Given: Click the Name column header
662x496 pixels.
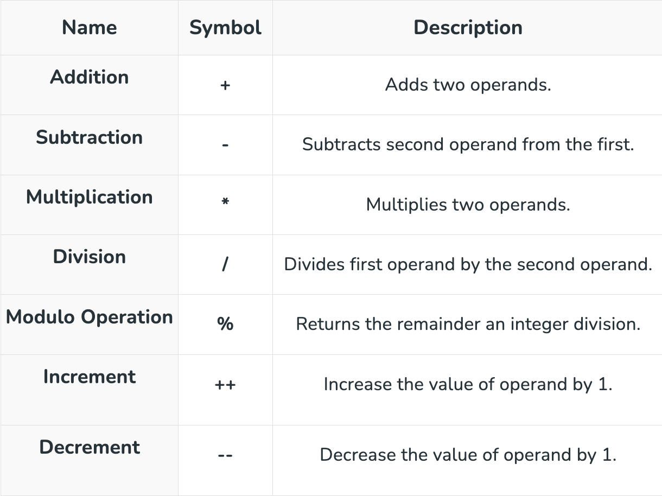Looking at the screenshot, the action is coord(90,28).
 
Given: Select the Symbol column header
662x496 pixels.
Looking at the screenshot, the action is coord(225,28).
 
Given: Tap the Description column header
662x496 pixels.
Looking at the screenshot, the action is coord(468,28).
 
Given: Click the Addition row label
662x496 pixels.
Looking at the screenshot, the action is coord(90,77).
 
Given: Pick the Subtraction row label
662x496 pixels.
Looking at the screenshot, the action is coord(90,137).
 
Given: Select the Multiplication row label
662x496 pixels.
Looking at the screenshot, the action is coord(90,197).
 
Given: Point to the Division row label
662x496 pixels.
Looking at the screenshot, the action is coord(90,257).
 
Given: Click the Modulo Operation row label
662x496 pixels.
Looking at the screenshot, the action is coord(90,317).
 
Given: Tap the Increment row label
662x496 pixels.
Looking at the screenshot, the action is coord(90,377).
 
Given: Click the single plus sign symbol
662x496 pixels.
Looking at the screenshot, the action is coord(225,85).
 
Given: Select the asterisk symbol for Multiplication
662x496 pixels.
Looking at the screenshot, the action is coord(225,201).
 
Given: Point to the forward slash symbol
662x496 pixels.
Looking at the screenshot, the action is coord(225,264).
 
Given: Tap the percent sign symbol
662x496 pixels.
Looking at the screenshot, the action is coord(225,324).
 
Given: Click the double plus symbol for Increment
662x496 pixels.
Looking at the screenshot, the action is coord(225,385).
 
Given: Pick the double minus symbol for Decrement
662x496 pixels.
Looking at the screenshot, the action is coord(225,455).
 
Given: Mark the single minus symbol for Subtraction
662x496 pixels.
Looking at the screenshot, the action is coord(225,145).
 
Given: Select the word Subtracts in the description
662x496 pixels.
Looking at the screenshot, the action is coord(342,144).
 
